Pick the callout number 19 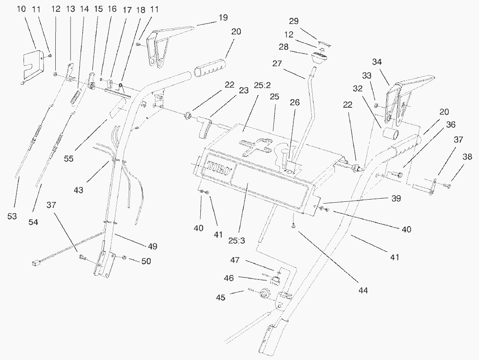(223, 17)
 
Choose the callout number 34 (377, 62)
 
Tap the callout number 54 (33, 222)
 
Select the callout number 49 (152, 246)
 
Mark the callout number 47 (235, 260)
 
